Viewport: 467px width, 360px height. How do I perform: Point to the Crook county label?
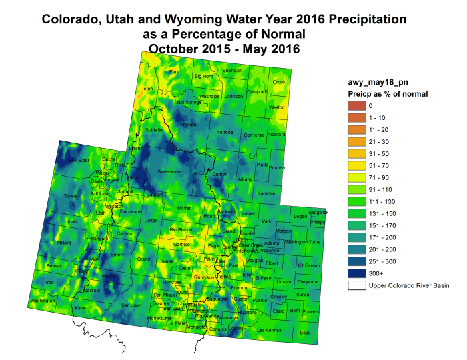[x=279, y=82]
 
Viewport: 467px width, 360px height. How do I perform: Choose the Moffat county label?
[x=183, y=208]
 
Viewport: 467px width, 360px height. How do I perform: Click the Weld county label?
[x=267, y=221]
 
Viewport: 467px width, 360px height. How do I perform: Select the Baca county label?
[x=305, y=331]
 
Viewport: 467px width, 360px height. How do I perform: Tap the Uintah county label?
[x=151, y=220]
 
